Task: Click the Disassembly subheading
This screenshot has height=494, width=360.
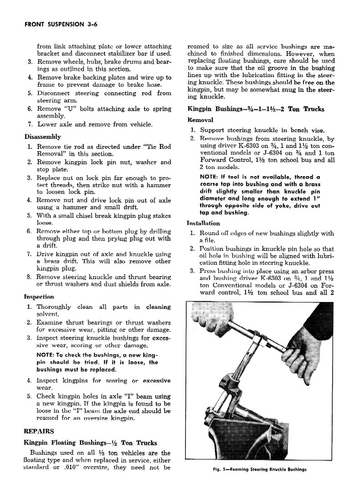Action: (42, 137)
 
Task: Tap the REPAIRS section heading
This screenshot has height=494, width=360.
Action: (39, 431)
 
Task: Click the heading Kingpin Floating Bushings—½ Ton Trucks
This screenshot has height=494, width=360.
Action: (90, 443)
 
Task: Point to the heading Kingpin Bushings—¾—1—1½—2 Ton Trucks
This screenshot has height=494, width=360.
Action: (256, 109)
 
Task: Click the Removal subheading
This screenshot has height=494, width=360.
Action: (201, 120)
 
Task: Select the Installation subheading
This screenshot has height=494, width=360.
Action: (203, 223)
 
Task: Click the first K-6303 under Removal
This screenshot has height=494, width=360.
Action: (245, 146)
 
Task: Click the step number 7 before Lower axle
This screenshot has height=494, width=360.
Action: (29, 124)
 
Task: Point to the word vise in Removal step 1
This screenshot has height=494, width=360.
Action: (323, 130)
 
